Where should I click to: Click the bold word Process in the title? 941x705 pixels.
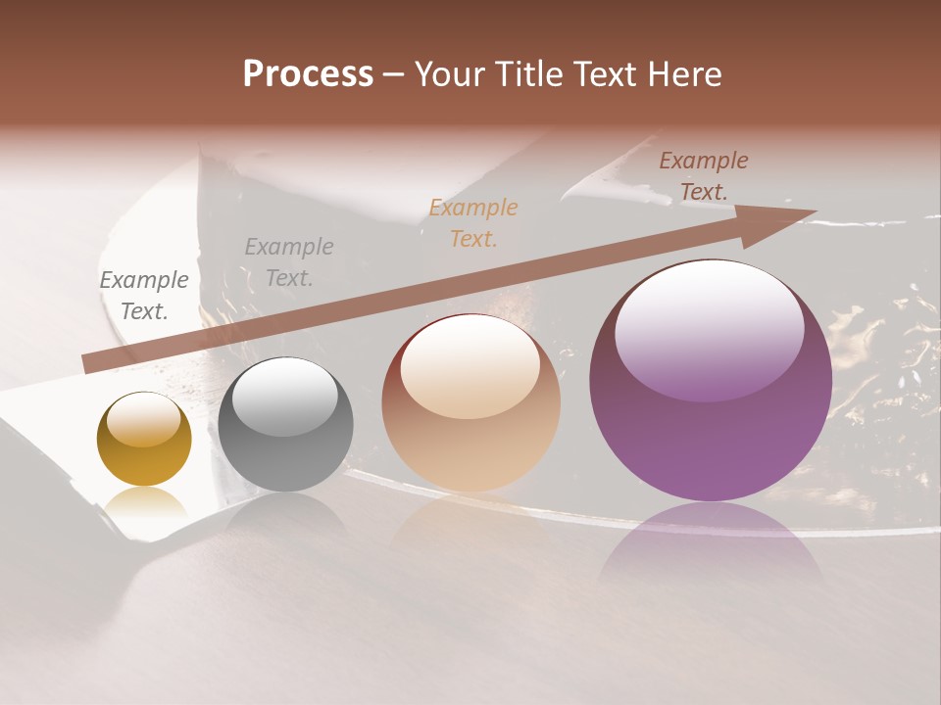tap(308, 74)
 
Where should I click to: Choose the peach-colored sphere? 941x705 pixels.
tap(470, 403)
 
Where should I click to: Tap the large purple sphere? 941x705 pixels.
tap(710, 382)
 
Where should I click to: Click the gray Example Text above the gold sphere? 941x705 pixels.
tap(144, 296)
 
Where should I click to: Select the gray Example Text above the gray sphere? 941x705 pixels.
tap(289, 262)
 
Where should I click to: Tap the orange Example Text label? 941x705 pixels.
tap(473, 222)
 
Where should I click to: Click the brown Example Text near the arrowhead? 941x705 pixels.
tap(704, 176)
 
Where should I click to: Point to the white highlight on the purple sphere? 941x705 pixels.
tap(709, 328)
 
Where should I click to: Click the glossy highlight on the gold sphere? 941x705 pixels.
tap(144, 420)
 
